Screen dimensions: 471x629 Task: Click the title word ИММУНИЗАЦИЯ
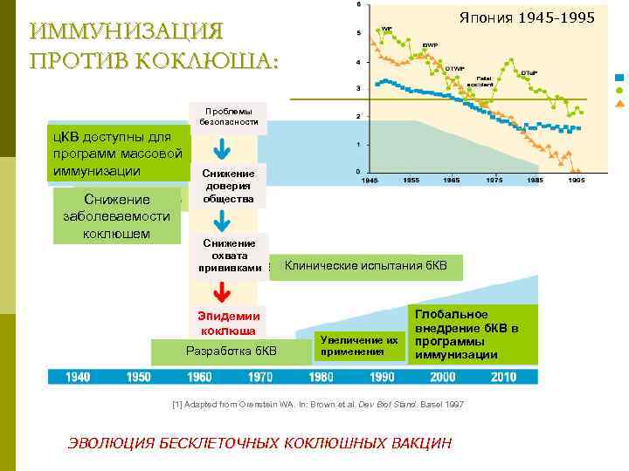click(x=126, y=31)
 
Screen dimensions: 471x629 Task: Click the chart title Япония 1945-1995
click(x=527, y=18)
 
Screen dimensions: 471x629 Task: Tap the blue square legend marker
click(x=619, y=77)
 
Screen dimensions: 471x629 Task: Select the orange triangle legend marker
click(x=619, y=103)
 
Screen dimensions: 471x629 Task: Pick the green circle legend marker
click(x=619, y=90)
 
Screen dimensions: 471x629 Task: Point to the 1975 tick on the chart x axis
click(x=494, y=181)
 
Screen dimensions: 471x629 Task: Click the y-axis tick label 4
click(x=357, y=63)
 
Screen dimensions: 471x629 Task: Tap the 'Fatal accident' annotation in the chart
click(x=488, y=81)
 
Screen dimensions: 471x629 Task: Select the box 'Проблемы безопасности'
click(x=227, y=117)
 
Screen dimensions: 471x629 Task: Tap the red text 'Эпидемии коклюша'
click(x=228, y=324)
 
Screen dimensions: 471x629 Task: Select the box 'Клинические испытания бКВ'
click(x=365, y=266)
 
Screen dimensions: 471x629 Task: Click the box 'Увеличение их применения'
click(x=358, y=345)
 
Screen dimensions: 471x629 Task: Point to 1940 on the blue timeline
click(x=78, y=377)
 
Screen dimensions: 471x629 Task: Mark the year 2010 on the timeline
click(x=503, y=377)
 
